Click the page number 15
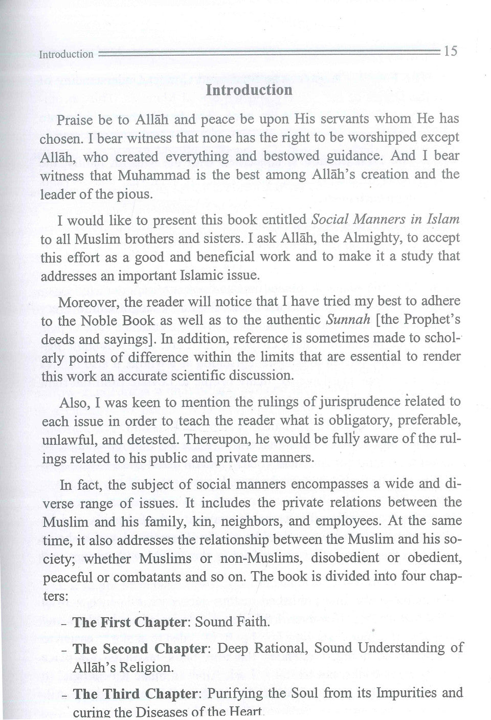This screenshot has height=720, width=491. [451, 51]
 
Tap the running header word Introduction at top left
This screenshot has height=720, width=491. [66, 54]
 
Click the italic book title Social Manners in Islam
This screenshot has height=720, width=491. [385, 220]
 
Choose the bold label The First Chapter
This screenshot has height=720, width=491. [129, 623]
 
